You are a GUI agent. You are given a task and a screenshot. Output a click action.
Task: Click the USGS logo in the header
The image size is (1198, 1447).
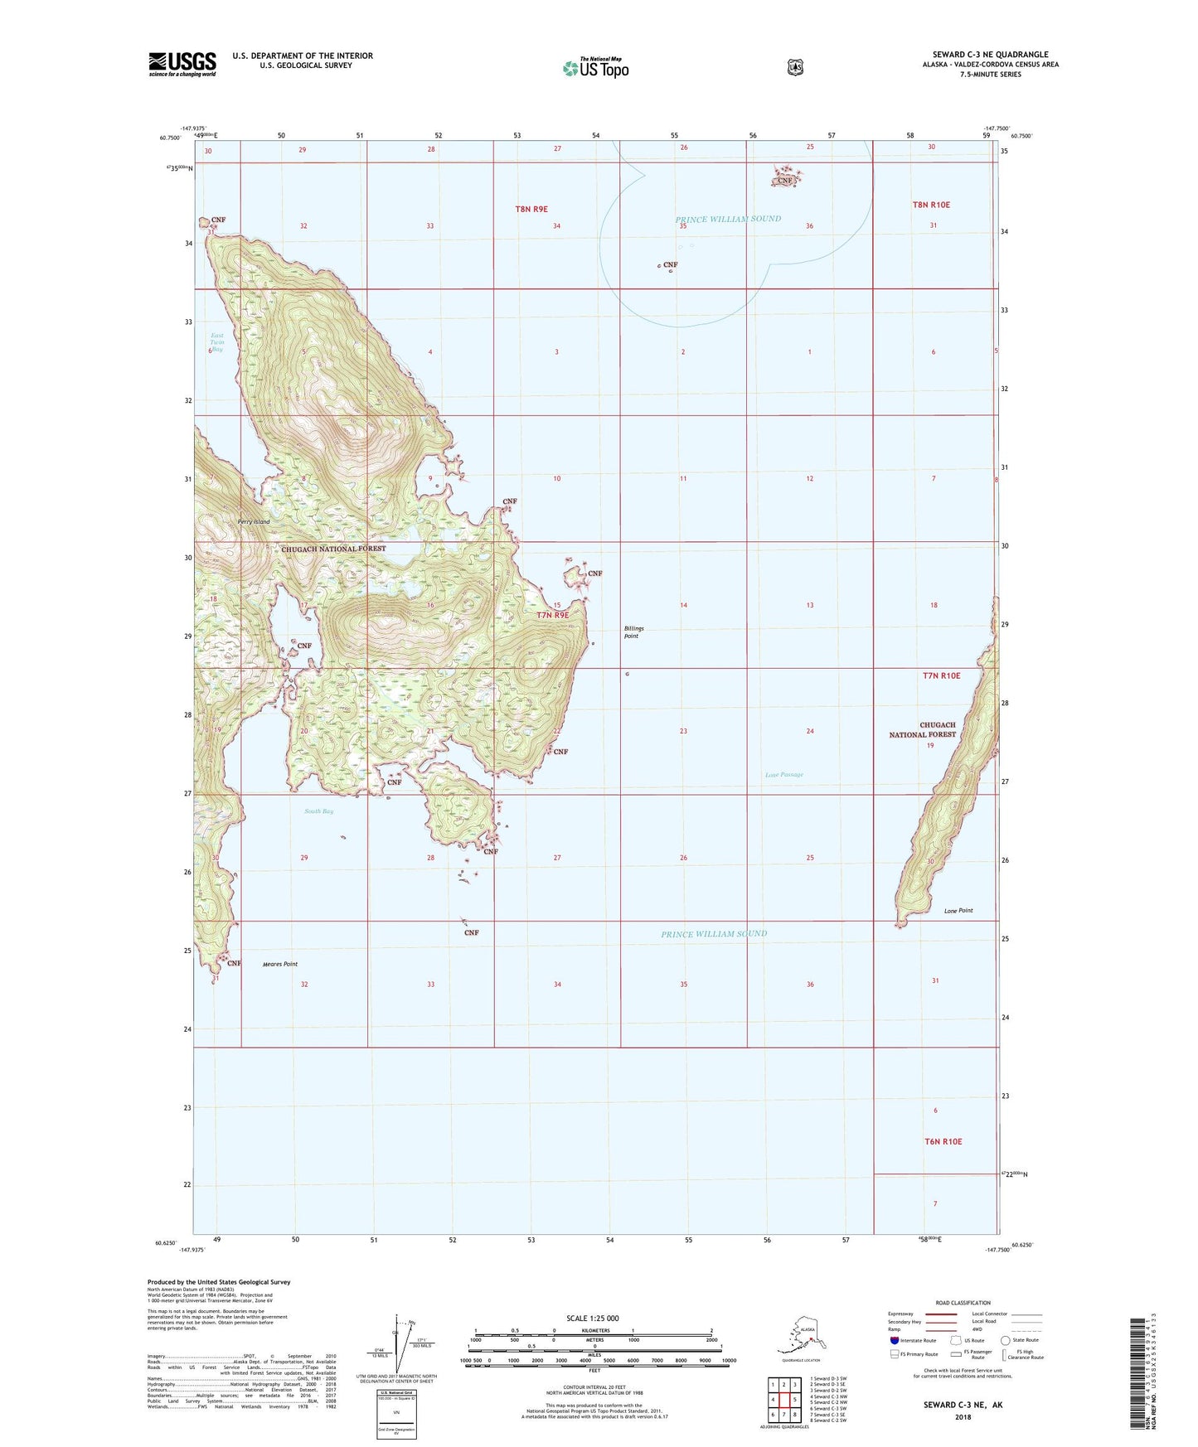coord(182,64)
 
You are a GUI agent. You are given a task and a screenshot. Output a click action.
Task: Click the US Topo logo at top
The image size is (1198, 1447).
coord(595,68)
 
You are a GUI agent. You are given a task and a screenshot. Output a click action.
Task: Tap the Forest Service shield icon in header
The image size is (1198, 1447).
coord(795,67)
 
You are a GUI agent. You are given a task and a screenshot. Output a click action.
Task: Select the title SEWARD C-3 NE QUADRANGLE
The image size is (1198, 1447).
coord(990,55)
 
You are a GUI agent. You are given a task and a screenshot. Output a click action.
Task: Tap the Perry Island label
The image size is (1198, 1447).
coord(253,522)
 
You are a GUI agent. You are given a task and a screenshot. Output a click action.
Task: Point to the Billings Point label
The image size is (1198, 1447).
coord(633,632)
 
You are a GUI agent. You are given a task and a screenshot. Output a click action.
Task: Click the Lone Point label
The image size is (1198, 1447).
coord(958,911)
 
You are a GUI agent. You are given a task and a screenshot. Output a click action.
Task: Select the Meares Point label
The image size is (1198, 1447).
coord(279,964)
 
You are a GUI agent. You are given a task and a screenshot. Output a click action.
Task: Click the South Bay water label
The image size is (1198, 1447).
coord(318,811)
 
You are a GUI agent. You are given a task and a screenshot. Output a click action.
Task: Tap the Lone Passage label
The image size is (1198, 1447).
coord(783,775)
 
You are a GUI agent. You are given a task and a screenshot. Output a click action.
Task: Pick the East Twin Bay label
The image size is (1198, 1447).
coord(217,342)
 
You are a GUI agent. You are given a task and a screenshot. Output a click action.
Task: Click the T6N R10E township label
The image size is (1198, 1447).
coord(943,1141)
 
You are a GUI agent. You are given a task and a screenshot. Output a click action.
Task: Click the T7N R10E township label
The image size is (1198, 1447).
coord(941,675)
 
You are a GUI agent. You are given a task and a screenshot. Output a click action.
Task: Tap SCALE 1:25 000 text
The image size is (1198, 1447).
coord(592,1318)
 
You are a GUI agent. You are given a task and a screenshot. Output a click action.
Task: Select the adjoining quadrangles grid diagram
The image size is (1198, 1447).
coord(783,1401)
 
